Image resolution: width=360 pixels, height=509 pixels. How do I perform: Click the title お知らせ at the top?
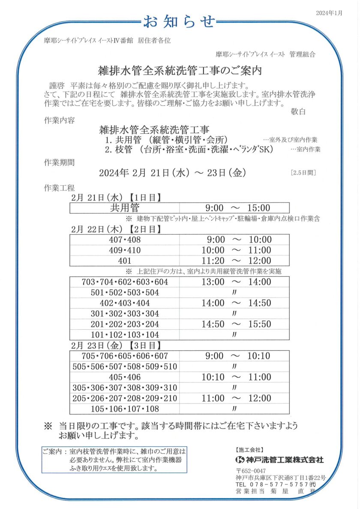pyautogui.click(x=179, y=21)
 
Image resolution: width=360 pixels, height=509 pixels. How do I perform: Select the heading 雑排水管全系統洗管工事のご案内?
pyautogui.click(x=180, y=69)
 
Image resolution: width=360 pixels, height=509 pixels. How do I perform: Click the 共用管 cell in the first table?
pyautogui.click(x=125, y=208)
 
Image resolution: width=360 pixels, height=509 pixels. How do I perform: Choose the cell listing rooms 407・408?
pyautogui.click(x=125, y=240)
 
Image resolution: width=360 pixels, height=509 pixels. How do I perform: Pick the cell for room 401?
pyautogui.click(x=125, y=261)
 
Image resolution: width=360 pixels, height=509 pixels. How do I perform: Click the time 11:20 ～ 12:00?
pyautogui.click(x=237, y=261)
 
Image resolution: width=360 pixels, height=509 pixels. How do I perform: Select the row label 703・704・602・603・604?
pyautogui.click(x=125, y=282)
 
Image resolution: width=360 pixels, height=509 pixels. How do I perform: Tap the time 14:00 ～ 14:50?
pyautogui.click(x=237, y=303)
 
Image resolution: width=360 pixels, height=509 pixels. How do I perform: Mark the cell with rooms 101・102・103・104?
pyautogui.click(x=125, y=335)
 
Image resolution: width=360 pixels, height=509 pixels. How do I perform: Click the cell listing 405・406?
pyautogui.click(x=125, y=377)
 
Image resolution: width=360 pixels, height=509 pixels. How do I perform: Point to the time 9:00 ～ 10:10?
pyautogui.click(x=237, y=356)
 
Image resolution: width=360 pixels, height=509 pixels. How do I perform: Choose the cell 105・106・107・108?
pyautogui.click(x=125, y=409)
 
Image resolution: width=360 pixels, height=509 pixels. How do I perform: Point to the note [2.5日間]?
pyautogui.click(x=303, y=173)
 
